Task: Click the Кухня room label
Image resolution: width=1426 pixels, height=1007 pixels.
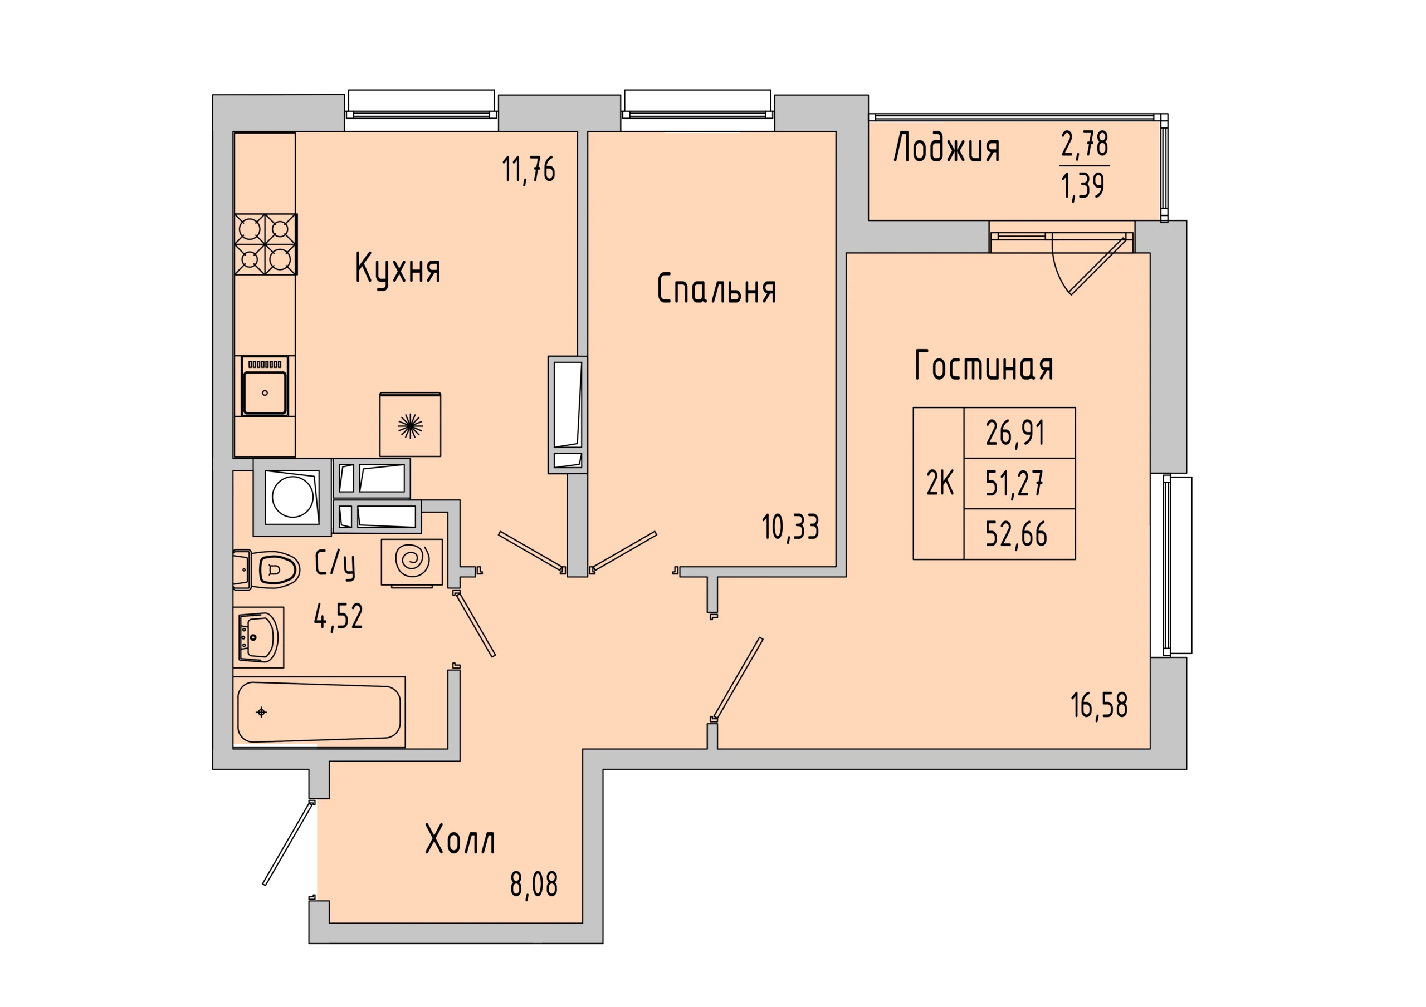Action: (398, 269)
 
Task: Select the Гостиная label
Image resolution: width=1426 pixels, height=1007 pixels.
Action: (984, 366)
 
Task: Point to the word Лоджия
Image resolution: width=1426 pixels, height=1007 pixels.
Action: (946, 149)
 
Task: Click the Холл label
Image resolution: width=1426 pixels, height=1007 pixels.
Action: (460, 839)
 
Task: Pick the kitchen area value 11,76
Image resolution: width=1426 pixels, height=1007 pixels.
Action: (529, 170)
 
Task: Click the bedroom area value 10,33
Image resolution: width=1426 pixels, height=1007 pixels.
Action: (790, 528)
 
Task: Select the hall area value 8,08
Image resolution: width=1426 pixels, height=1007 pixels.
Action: (534, 884)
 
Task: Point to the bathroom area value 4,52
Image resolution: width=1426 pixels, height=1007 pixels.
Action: (339, 616)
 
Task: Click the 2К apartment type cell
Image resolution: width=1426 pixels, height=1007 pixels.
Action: (939, 483)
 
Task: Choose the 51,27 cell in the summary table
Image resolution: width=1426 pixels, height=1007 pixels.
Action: (1020, 483)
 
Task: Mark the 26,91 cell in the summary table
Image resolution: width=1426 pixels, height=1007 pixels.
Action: (1020, 433)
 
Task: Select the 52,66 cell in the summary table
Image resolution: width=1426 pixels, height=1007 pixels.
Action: (1020, 534)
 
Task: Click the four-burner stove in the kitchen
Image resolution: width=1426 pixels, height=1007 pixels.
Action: (266, 244)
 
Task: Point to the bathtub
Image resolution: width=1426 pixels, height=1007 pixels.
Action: (319, 712)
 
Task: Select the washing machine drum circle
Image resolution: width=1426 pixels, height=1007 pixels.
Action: (292, 497)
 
